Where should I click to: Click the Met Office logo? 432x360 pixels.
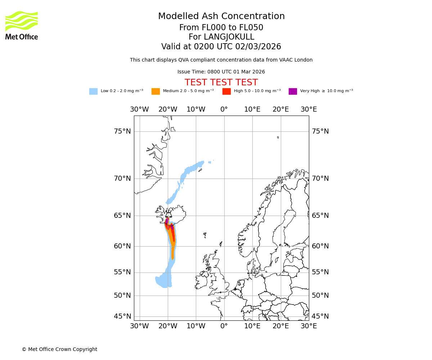pos(22,25)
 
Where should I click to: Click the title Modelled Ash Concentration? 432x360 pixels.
pos(221,16)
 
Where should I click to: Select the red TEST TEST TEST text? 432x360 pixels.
pos(221,82)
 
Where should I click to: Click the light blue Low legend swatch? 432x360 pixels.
pos(93,91)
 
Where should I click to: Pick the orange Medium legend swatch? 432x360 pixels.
pos(156,91)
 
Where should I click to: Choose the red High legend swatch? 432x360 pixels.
pos(226,91)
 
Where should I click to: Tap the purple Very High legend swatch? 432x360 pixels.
pos(293,91)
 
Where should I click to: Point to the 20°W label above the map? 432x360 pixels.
pos(168,109)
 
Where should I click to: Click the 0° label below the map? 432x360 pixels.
pos(224,326)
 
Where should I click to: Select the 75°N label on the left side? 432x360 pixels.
pos(122,131)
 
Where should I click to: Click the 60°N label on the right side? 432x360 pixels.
pos(320,246)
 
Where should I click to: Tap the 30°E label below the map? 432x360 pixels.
pos(309,326)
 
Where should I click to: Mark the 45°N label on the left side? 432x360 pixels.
pos(122,316)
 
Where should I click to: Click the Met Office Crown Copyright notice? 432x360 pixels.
pos(59,349)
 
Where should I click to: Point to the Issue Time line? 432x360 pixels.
pos(221,72)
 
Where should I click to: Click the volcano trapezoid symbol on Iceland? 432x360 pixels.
pos(168,215)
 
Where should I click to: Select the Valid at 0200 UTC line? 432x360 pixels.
pos(221,47)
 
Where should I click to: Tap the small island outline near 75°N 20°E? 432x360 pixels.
pos(278,137)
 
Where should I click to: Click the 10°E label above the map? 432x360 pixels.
pos(252,109)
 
